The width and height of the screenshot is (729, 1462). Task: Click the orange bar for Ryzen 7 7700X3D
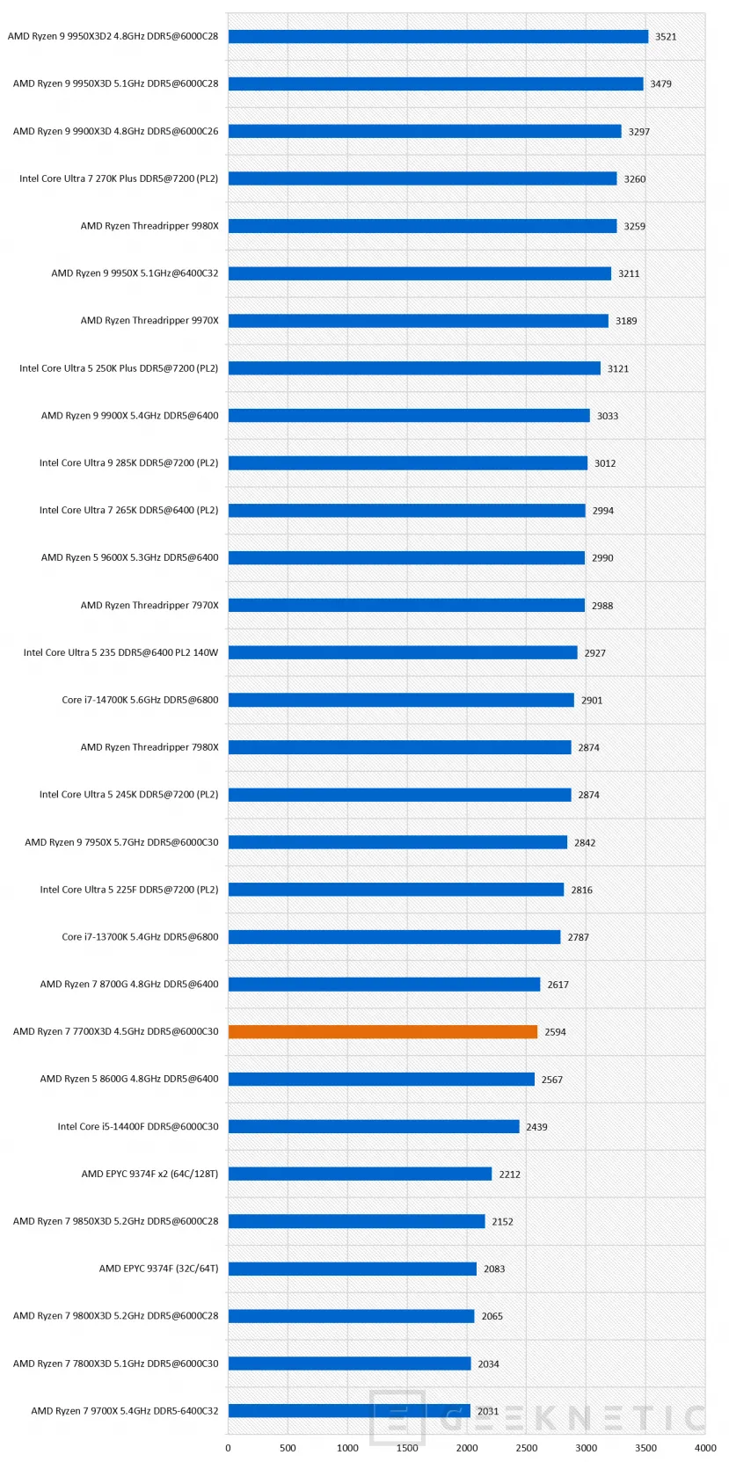pyautogui.click(x=383, y=1031)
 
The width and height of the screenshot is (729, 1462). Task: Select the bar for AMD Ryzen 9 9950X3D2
pyautogui.click(x=438, y=37)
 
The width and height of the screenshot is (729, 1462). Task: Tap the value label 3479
pyautogui.click(x=660, y=84)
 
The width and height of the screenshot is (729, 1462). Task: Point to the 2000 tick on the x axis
pyautogui.click(x=467, y=1448)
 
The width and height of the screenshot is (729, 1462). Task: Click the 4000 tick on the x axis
pyautogui.click(x=705, y=1448)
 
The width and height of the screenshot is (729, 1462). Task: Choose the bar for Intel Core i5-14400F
pyautogui.click(x=374, y=1126)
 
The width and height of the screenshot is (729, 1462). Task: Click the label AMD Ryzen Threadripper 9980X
pyautogui.click(x=149, y=226)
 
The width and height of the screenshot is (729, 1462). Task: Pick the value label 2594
pyautogui.click(x=555, y=1032)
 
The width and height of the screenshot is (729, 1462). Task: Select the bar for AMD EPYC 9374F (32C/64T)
pyautogui.click(x=353, y=1269)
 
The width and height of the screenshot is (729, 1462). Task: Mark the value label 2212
pyautogui.click(x=510, y=1175)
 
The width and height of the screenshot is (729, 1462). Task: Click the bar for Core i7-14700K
pyautogui.click(x=401, y=700)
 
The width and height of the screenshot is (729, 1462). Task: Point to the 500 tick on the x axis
pyautogui.click(x=288, y=1448)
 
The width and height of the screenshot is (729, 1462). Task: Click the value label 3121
pyautogui.click(x=618, y=368)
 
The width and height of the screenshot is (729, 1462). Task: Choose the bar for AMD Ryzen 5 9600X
pyautogui.click(x=406, y=557)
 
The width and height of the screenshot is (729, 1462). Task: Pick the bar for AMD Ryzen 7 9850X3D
pyautogui.click(x=356, y=1221)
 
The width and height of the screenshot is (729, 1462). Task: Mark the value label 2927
pyautogui.click(x=594, y=652)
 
